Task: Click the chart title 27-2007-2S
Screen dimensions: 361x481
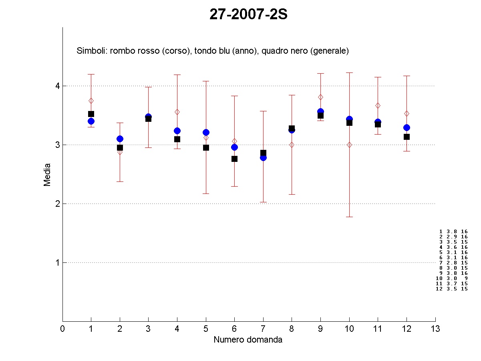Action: point(248,15)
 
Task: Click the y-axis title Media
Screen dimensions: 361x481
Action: point(47,174)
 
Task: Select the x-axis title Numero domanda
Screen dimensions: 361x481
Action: point(248,340)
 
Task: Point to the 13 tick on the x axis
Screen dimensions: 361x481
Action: point(435,329)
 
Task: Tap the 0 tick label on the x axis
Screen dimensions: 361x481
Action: point(62,329)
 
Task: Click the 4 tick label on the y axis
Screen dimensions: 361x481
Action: point(57,86)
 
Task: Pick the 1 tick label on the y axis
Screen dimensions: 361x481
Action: point(57,262)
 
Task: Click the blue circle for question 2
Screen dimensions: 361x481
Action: point(120,139)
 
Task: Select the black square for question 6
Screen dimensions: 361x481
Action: point(234,159)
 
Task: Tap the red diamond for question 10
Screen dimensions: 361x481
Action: point(349,145)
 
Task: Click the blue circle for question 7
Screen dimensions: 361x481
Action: point(263,157)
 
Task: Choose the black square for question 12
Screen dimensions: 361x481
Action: point(407,137)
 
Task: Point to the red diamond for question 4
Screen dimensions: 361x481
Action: point(177,112)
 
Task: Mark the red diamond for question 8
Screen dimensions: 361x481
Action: point(292,145)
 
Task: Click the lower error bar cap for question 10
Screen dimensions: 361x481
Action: point(349,217)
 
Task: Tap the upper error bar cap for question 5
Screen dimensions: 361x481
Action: point(206,81)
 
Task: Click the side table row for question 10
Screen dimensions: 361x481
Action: point(451,278)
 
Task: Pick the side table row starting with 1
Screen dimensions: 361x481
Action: point(453,232)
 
